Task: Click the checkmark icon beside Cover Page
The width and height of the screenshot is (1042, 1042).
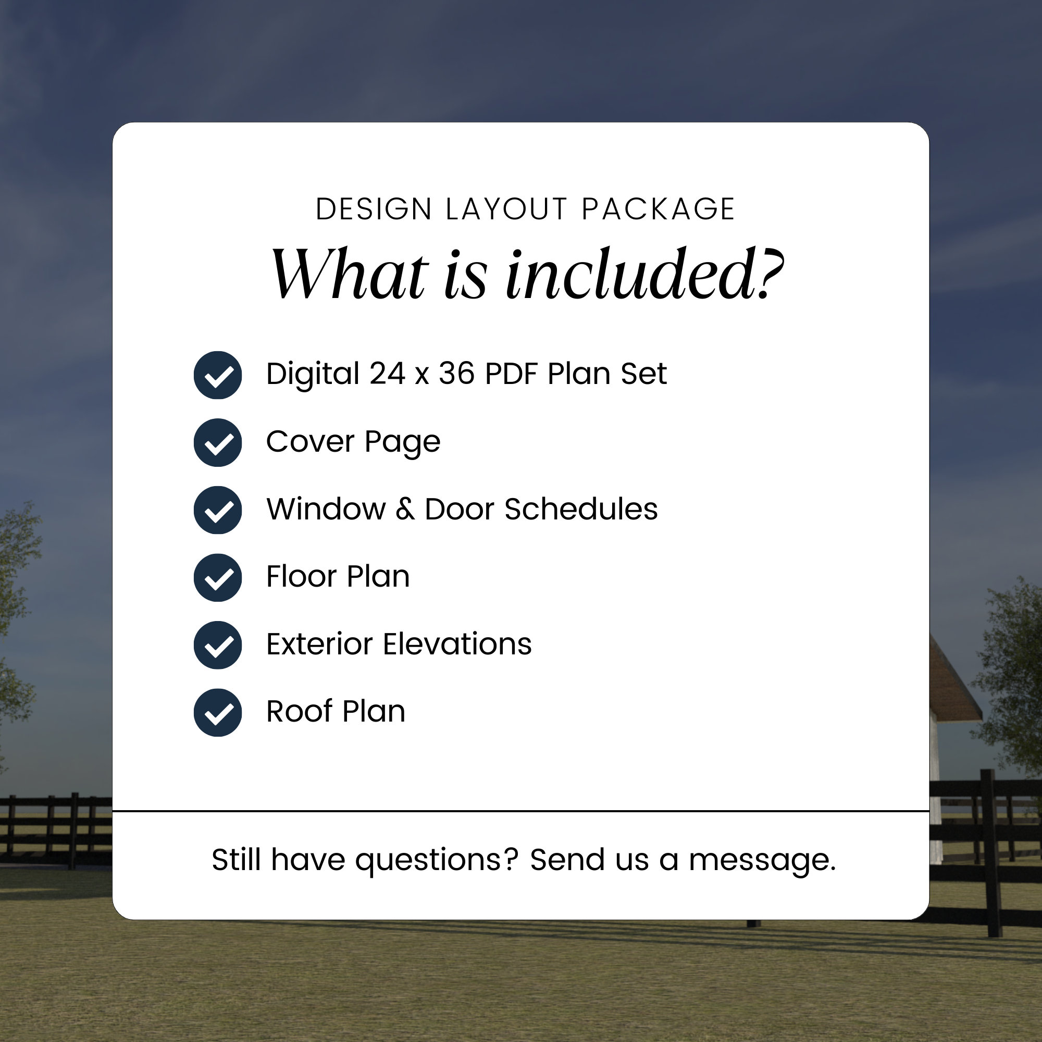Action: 218,443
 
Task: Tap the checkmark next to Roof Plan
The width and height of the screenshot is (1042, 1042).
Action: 218,712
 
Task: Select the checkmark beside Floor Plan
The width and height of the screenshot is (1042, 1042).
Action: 218,578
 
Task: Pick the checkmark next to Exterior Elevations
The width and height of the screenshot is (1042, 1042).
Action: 218,645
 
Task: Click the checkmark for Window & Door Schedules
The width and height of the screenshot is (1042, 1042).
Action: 218,510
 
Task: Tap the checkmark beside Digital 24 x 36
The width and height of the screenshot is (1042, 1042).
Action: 218,375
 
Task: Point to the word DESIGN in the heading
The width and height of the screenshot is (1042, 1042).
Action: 373,209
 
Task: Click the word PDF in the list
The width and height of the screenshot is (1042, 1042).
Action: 511,373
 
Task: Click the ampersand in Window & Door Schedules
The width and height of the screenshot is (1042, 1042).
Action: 405,509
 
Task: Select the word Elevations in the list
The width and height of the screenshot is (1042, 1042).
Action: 457,644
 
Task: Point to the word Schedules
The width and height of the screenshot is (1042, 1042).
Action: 581,509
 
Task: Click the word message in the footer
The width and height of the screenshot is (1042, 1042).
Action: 762,860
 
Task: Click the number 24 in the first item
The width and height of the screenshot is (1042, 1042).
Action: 387,373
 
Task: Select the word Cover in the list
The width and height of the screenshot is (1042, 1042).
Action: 310,442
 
